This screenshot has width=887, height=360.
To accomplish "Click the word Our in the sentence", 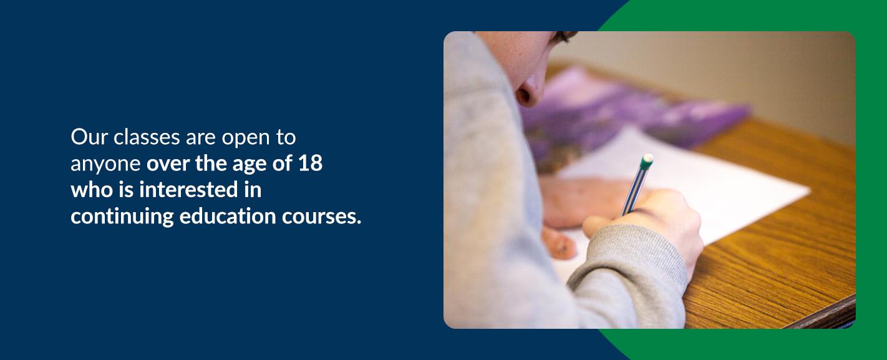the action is click(x=89, y=137).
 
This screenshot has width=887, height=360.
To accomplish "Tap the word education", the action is click(x=228, y=216).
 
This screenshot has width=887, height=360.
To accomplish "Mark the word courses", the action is click(x=321, y=217).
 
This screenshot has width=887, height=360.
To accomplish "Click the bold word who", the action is click(x=92, y=189).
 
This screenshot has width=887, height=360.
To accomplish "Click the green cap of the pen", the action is click(x=647, y=162).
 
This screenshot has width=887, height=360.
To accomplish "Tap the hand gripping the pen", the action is click(x=649, y=221).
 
